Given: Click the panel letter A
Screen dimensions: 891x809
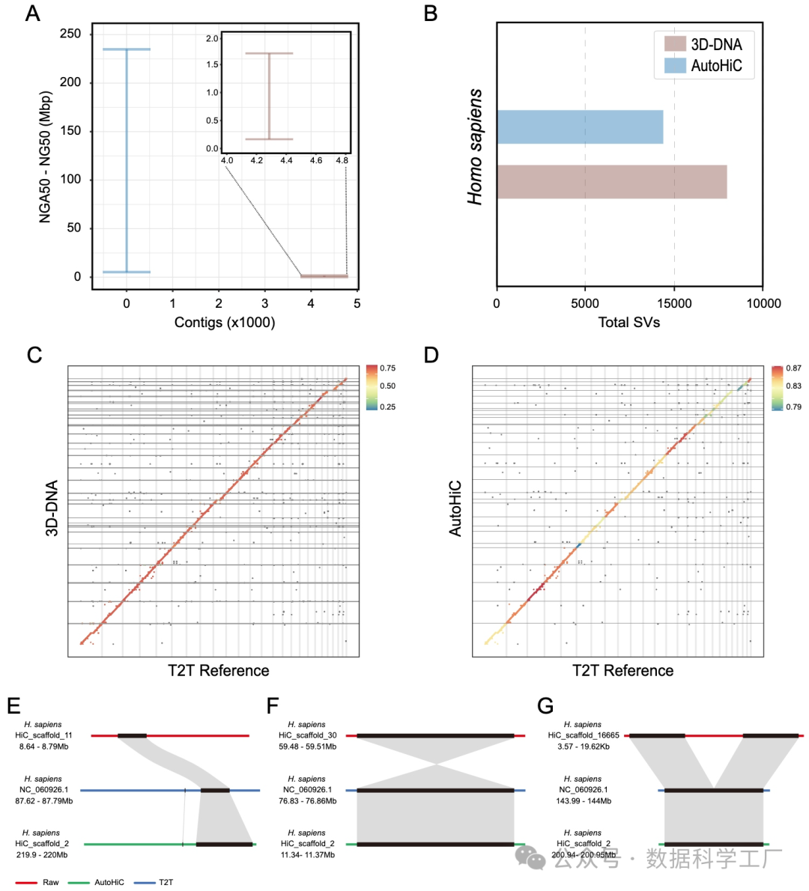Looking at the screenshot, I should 32,13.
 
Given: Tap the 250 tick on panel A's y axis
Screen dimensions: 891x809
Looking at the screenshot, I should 70,34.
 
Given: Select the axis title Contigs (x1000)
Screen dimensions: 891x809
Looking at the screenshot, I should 225,323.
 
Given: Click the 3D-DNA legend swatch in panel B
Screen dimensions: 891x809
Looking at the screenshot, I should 675,43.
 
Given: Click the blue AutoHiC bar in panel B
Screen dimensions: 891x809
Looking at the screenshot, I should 580,127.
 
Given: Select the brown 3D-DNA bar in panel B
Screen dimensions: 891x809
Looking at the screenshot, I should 611,182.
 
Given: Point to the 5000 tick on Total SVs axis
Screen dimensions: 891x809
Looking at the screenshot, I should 585,303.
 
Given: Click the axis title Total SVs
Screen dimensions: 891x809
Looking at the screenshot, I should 629,323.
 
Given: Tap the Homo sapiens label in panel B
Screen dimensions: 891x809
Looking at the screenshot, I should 476,147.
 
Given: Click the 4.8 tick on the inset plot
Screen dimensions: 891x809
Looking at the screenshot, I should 342,160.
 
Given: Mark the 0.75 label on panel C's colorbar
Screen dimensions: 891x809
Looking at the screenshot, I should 388,368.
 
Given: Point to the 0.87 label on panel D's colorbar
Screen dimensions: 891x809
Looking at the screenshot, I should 793,368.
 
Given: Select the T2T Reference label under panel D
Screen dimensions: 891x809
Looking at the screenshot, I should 623,671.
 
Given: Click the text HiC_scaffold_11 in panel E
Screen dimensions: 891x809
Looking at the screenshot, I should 43,736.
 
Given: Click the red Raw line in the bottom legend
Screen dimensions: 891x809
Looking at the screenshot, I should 26,883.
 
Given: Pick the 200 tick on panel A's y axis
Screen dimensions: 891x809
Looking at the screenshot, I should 70,82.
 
